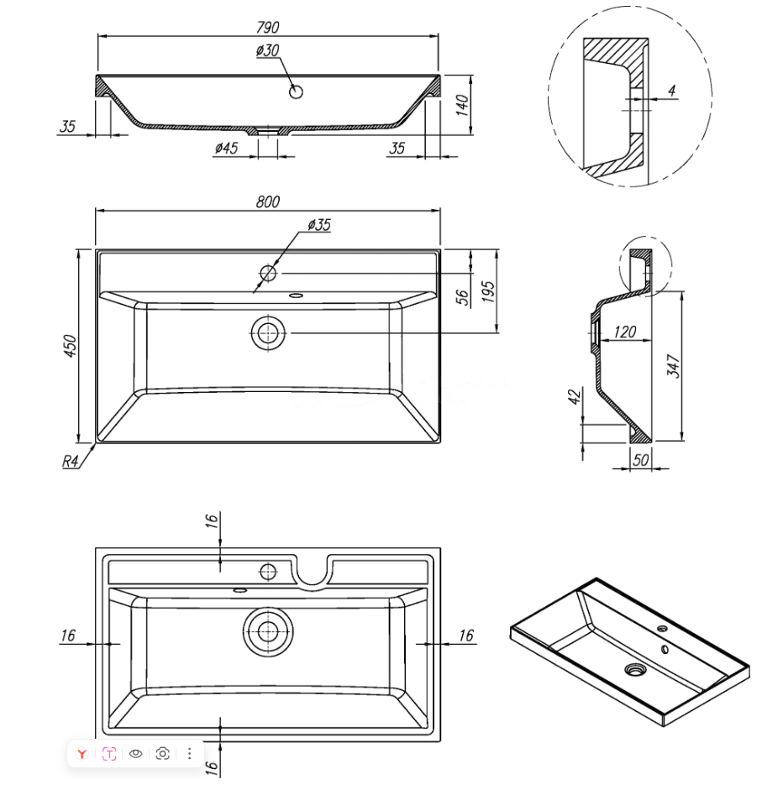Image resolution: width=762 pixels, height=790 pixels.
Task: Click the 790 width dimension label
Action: coord(267,28)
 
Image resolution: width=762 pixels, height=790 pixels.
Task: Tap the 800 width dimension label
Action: coord(267,201)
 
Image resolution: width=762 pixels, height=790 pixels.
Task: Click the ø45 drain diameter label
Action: coord(227,148)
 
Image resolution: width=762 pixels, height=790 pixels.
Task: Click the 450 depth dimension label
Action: coord(71,345)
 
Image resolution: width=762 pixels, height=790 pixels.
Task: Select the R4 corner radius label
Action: coord(71,461)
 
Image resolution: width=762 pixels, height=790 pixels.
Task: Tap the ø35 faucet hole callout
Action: coord(319,224)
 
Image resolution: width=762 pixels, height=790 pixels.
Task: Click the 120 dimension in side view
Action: coord(625,332)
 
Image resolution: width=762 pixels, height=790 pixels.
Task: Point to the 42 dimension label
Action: coord(575,397)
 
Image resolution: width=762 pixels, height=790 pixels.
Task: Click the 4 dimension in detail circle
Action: coord(672,90)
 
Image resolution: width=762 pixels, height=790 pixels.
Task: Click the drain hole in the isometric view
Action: coord(633,669)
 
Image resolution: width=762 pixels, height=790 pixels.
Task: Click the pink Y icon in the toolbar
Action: coord(81,753)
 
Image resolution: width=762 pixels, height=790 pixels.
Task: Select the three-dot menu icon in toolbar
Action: coord(190,753)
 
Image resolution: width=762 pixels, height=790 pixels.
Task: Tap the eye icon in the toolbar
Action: coord(136,753)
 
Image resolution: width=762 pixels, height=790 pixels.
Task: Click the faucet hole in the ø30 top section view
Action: coord(296,92)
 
